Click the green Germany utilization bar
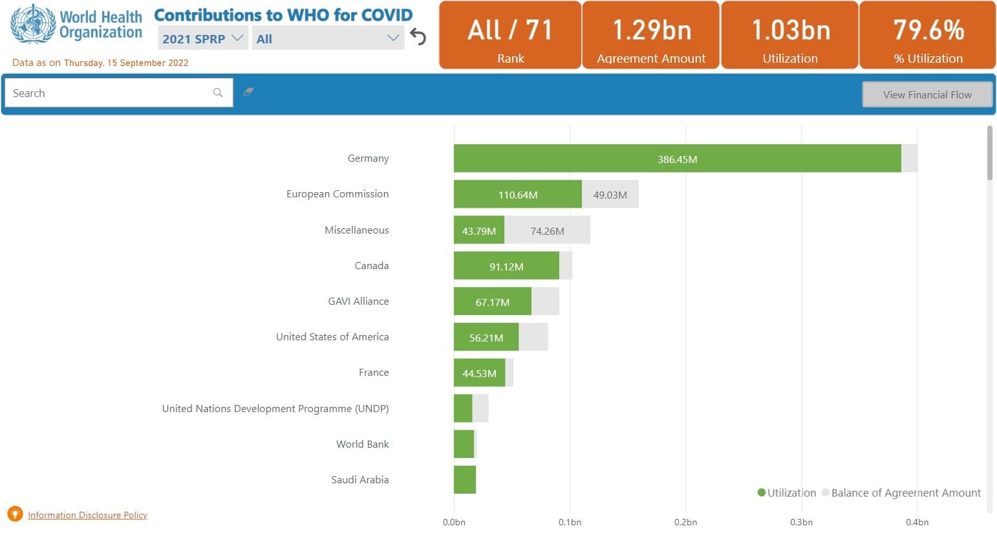[x=678, y=158]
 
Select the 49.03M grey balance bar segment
[x=610, y=194]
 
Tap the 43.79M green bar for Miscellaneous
[x=479, y=230]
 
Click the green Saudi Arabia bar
[x=465, y=480]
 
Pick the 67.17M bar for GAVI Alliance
[x=492, y=301]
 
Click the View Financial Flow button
[x=927, y=94]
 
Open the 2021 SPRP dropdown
[x=202, y=38]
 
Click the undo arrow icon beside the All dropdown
[x=418, y=36]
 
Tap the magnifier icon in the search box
[x=218, y=93]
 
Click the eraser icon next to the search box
[x=248, y=92]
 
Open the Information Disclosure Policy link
[x=87, y=515]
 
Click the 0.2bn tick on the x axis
[x=685, y=522]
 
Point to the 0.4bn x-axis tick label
[x=917, y=522]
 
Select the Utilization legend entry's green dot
[x=761, y=493]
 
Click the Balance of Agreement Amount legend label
[x=906, y=493]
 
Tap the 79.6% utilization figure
[x=928, y=30]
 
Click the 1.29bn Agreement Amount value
[x=652, y=30]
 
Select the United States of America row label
[x=332, y=337]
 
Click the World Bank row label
[x=362, y=444]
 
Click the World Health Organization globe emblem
[x=33, y=23]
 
